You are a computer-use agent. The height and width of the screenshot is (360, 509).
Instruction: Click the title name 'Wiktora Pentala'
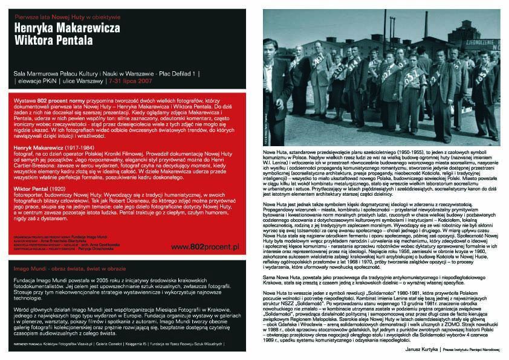(x=54, y=42)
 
